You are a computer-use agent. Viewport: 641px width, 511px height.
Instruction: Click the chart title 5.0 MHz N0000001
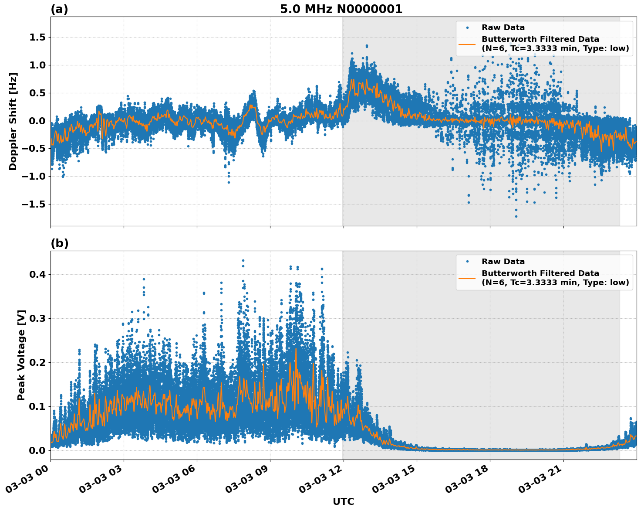(x=341, y=9)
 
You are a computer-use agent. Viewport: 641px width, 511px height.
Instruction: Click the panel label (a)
(x=59, y=9)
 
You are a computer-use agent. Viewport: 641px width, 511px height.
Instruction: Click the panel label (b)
(x=59, y=243)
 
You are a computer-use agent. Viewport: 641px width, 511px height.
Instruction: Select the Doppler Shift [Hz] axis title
(x=13, y=121)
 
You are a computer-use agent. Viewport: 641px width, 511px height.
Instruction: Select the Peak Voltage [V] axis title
(x=21, y=355)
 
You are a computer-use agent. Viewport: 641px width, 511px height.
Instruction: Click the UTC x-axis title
(x=343, y=501)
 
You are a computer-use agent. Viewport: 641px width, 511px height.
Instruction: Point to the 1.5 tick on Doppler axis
(x=37, y=37)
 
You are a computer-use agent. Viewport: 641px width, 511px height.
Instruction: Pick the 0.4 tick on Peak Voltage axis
(x=39, y=274)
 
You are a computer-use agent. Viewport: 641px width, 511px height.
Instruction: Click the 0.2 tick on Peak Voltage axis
(x=39, y=362)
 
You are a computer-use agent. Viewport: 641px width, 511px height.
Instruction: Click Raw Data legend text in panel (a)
(x=503, y=27)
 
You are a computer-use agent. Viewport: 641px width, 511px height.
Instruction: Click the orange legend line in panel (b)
(x=467, y=278)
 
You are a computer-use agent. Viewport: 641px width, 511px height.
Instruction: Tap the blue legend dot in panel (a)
(x=467, y=27)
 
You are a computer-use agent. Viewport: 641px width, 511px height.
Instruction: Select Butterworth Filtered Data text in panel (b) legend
(x=540, y=273)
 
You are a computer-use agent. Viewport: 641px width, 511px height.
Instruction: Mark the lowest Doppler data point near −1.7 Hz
(x=516, y=216)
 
